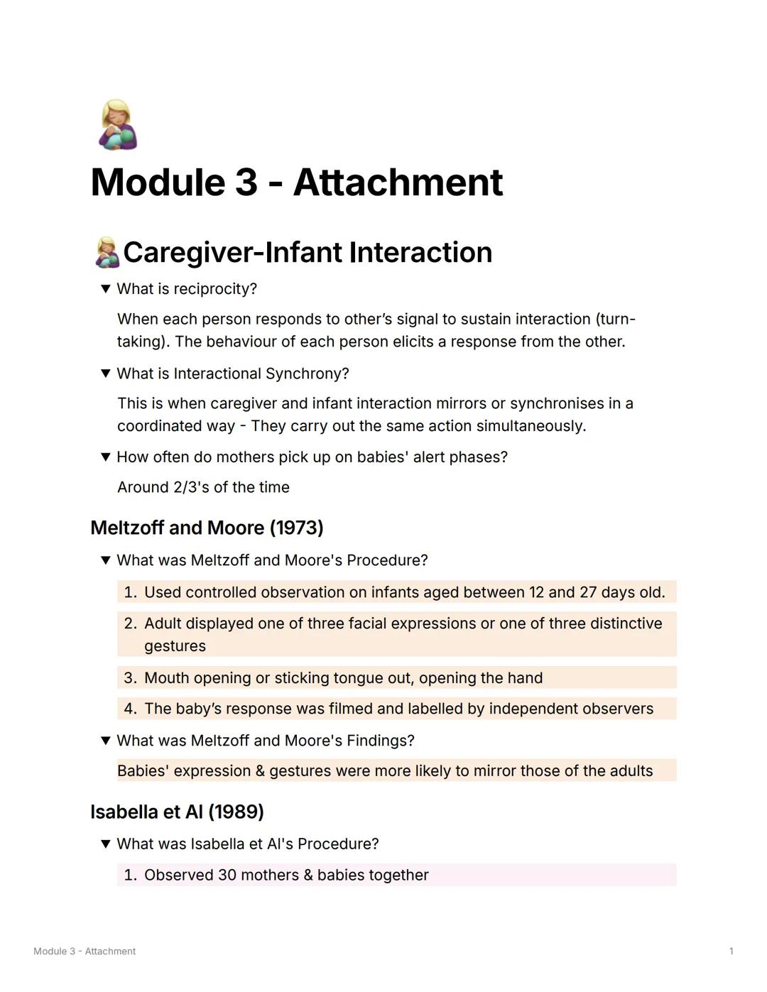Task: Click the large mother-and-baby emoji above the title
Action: click(x=117, y=125)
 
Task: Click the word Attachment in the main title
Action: click(x=398, y=182)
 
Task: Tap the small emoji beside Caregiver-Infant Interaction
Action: click(x=107, y=253)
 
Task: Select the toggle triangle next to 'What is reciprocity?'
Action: click(x=106, y=289)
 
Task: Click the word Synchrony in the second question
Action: click(x=312, y=374)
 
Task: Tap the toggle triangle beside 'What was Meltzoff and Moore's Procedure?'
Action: click(x=106, y=560)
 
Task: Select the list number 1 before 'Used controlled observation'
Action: click(x=129, y=592)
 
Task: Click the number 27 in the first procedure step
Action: click(x=587, y=592)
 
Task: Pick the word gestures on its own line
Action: click(x=175, y=646)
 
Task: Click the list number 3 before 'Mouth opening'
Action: click(x=129, y=677)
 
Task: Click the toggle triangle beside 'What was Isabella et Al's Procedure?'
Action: click(x=106, y=844)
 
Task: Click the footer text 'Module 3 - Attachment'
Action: click(x=85, y=952)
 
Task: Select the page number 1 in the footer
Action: click(x=731, y=952)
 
